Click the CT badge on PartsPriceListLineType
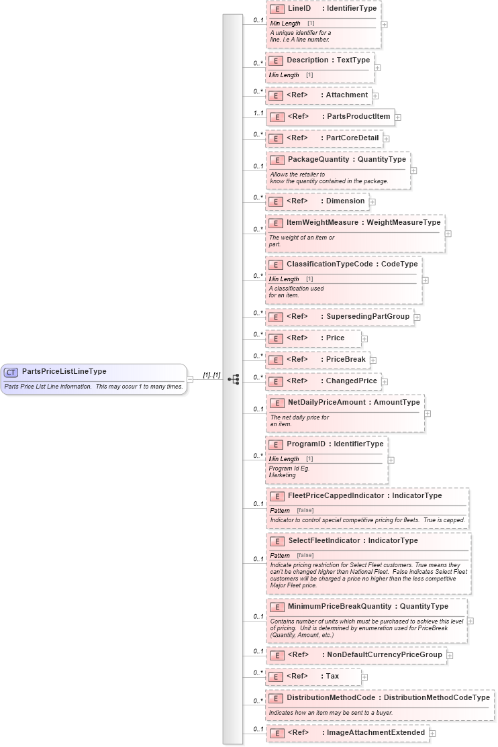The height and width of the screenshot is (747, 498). click(11, 372)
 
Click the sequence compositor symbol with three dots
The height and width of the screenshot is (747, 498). click(233, 379)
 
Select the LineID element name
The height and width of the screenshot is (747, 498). click(299, 9)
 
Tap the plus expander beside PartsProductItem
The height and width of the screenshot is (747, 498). click(398, 117)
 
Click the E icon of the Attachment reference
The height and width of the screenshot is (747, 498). click(275, 95)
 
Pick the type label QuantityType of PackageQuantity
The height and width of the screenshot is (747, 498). click(382, 160)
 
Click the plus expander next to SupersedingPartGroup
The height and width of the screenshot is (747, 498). click(417, 317)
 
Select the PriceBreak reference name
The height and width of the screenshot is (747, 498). click(346, 360)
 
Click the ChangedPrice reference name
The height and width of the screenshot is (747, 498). click(351, 381)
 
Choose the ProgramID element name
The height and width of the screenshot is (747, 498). click(307, 444)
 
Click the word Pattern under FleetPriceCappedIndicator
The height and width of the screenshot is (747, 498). click(280, 511)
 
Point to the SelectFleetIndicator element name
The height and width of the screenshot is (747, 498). click(325, 541)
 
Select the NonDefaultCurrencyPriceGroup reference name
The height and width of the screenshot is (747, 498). click(384, 655)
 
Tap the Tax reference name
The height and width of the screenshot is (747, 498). click(332, 677)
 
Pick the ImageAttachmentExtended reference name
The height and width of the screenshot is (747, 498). click(375, 733)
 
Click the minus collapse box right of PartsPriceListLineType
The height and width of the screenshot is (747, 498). click(190, 379)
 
